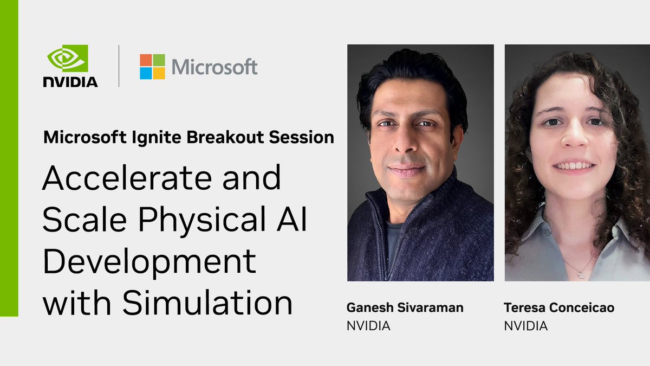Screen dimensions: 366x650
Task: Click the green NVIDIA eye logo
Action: click(68, 58)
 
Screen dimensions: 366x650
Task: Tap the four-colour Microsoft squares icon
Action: click(152, 67)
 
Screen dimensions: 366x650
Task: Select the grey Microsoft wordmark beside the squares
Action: click(214, 67)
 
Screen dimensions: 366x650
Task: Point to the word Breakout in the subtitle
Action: click(216, 137)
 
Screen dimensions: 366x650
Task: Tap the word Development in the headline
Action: click(149, 262)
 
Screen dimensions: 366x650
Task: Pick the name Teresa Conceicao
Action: click(558, 308)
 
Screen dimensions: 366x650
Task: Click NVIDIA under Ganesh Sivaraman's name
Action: click(368, 326)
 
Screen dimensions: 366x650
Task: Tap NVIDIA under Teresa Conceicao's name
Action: click(525, 326)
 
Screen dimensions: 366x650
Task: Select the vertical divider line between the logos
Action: click(119, 66)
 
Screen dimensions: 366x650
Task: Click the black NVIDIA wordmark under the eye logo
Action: click(70, 81)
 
